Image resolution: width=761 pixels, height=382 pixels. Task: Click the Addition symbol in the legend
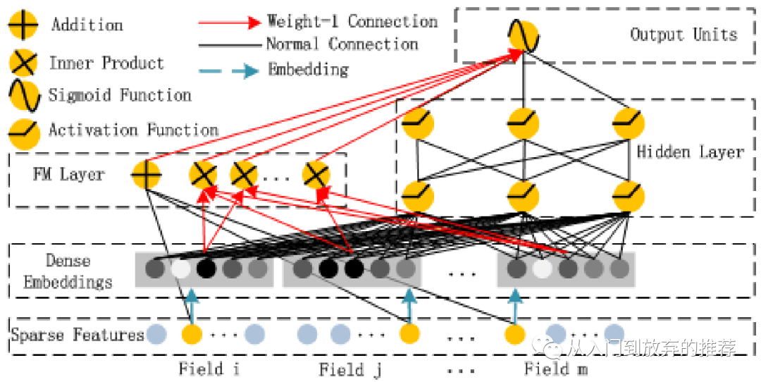[x=23, y=26]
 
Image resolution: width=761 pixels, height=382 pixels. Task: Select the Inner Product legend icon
[x=23, y=63]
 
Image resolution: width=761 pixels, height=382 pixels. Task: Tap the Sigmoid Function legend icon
[x=23, y=96]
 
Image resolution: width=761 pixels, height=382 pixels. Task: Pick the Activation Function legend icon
[x=23, y=130]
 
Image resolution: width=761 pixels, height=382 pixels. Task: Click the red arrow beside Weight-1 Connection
[x=230, y=22]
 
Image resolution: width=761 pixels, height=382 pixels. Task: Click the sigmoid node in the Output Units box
[x=523, y=37]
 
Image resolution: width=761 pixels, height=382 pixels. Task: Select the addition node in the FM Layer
[x=147, y=174]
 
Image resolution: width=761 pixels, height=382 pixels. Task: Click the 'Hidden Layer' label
[x=690, y=152]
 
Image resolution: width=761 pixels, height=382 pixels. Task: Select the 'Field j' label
[x=350, y=369]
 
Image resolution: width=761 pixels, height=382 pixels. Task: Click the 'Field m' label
[x=556, y=369]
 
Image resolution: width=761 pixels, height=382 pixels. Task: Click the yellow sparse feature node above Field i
[x=191, y=333]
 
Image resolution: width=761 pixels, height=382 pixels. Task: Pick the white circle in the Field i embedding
[x=181, y=269]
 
